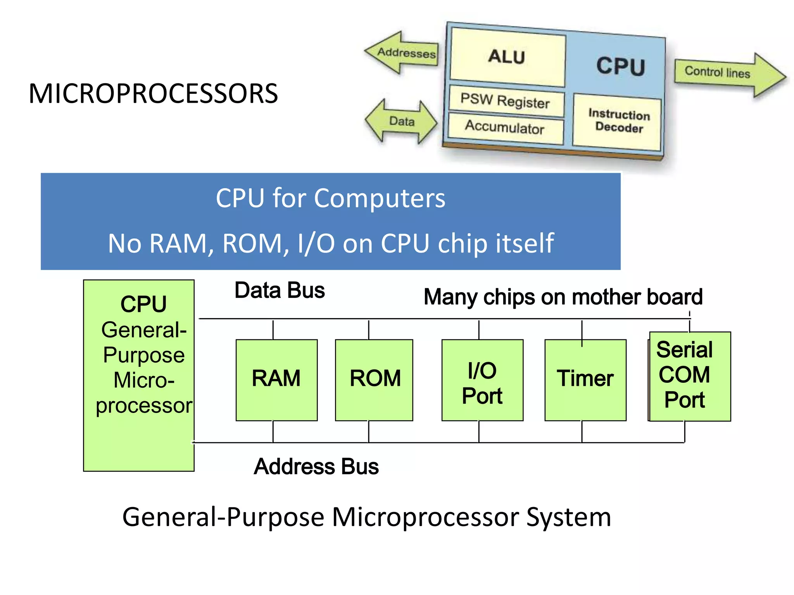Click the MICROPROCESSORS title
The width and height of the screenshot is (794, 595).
(153, 94)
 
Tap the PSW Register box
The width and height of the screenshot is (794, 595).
(506, 101)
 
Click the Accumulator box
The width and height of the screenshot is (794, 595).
(505, 127)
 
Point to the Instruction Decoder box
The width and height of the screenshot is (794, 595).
(618, 121)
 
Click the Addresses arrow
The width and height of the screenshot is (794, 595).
(403, 53)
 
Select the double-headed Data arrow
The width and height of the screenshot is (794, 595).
(402, 122)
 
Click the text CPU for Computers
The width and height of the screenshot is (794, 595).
(330, 198)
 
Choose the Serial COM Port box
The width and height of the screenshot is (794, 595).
(689, 376)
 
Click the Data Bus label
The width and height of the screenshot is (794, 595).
(280, 290)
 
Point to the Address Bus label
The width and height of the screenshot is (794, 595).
(316, 466)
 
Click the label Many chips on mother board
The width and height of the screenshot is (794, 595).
(563, 297)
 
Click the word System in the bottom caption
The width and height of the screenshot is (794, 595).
(568, 518)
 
